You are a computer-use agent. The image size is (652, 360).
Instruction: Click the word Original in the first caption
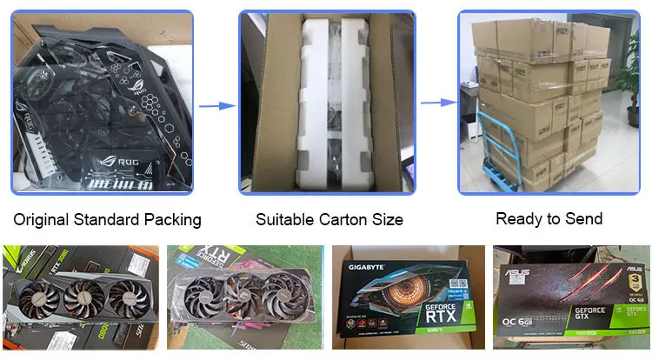point(42,220)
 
